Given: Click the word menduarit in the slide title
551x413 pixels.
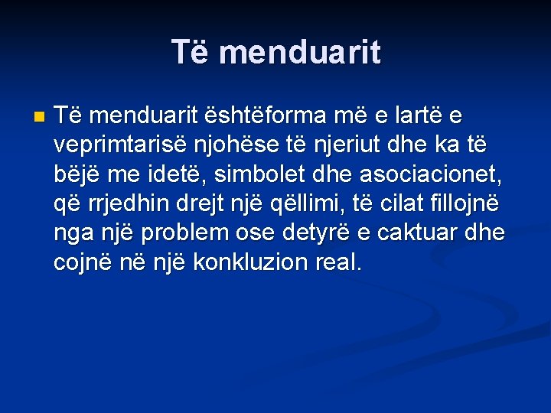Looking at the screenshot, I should point(303,52).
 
